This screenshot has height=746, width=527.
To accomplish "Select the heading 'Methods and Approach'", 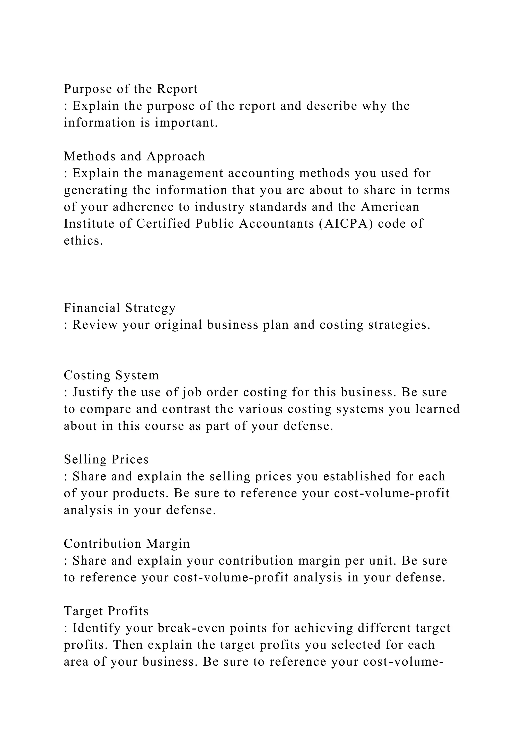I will coord(134,156).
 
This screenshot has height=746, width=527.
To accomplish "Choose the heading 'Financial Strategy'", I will coord(120,308).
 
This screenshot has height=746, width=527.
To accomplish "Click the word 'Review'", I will coord(95,325).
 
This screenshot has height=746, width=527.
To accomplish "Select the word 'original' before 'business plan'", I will coord(178,325).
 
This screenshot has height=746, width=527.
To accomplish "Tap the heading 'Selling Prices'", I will coord(106,460).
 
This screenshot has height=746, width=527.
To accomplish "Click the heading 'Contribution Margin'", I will coord(127,544).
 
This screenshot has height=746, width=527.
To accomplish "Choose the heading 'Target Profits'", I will coord(106,611).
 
